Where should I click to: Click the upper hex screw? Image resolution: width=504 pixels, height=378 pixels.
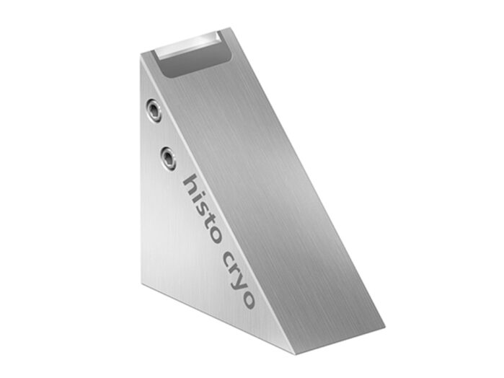[154, 110]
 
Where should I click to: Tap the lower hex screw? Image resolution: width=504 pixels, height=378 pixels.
[168, 157]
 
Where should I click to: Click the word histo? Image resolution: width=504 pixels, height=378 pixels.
[201, 208]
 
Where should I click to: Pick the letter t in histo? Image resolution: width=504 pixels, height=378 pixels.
[209, 223]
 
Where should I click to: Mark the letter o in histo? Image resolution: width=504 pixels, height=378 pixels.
[215, 235]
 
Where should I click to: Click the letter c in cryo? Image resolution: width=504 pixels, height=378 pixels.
[230, 258]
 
